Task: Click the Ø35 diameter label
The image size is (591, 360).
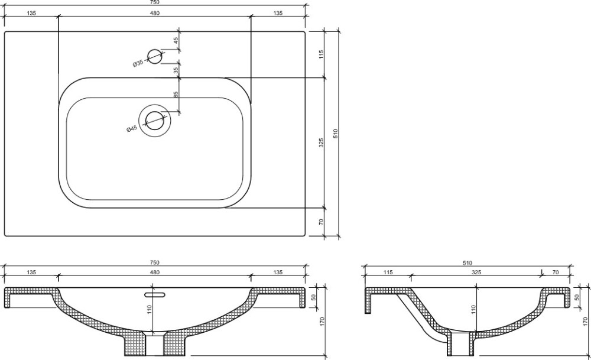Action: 138,63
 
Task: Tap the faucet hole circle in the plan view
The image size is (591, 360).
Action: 154,57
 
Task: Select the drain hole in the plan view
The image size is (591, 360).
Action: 154,121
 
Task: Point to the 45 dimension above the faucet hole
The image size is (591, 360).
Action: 176,41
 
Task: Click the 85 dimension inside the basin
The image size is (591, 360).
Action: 176,94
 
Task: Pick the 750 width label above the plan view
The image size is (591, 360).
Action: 154,2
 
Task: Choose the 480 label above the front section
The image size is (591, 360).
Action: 155,272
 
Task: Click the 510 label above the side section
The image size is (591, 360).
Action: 467,262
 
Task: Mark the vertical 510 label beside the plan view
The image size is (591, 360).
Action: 336,134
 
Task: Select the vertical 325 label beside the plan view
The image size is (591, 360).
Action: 321,142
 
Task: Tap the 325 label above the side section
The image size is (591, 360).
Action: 476,272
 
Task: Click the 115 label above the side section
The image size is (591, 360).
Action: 388,272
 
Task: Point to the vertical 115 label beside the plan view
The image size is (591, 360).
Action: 321,54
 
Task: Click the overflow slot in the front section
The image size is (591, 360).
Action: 155,293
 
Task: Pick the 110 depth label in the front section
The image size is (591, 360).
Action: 150,310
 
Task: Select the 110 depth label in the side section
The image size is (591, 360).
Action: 474,310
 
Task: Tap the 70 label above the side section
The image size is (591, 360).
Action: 556,272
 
